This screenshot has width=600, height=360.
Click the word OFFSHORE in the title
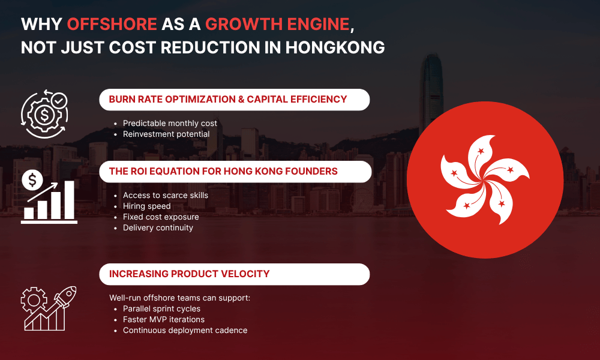(112, 24)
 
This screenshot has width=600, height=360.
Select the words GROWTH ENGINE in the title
(277, 24)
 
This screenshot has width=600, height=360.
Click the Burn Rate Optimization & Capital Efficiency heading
(228, 100)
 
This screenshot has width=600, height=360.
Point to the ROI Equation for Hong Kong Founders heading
(223, 172)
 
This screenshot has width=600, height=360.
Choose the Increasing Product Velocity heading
(189, 274)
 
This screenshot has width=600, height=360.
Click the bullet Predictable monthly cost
(170, 124)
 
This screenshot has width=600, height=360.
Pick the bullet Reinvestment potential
(166, 134)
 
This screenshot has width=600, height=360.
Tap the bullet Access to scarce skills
(166, 196)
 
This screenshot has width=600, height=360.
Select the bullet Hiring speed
(146, 206)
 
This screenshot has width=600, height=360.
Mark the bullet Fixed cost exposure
(161, 217)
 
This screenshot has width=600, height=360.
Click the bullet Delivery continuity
(158, 227)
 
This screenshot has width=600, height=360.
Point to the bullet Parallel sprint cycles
(161, 309)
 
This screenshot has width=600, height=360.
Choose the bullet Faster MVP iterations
(163, 320)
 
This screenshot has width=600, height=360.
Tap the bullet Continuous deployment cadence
(185, 331)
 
